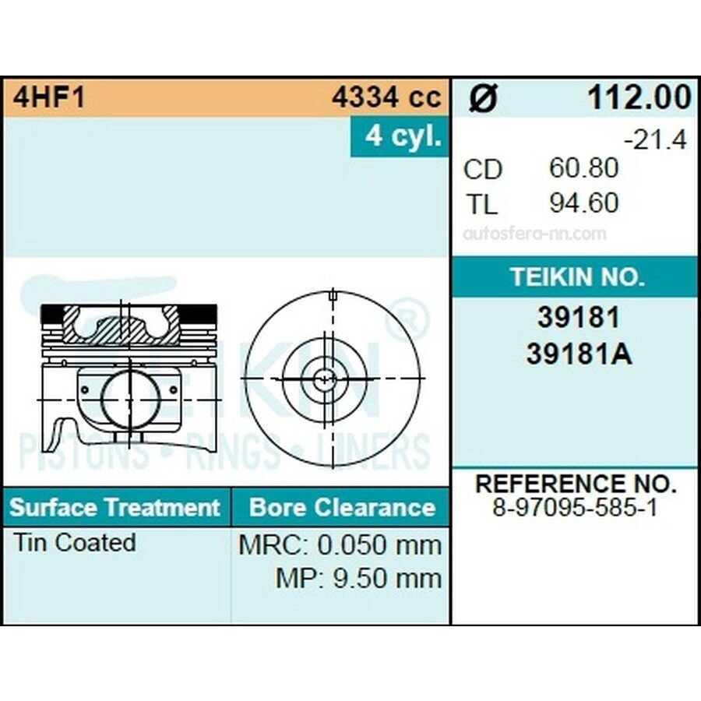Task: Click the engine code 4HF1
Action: tap(49, 97)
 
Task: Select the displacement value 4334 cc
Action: tap(386, 97)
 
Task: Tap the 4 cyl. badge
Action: tap(400, 136)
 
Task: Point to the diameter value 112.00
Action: tap(639, 97)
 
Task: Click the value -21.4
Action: tap(655, 140)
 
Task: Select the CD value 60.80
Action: tap(584, 168)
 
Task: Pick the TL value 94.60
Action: tap(584, 203)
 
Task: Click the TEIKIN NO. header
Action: tap(578, 277)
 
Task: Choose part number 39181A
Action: tap(579, 354)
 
